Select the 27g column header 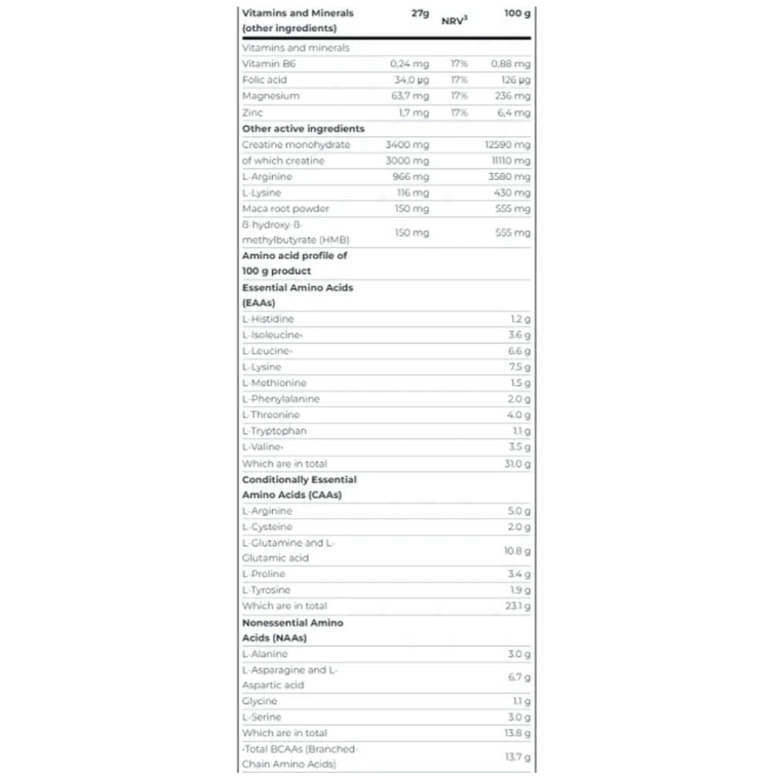tap(420, 13)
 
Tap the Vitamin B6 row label tap(269, 64)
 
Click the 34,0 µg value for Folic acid tap(411, 80)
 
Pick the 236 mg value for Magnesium tap(512, 97)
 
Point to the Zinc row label tap(253, 113)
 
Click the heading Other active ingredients tap(303, 129)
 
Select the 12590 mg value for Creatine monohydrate tap(506, 145)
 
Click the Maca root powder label tap(285, 209)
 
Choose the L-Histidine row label tap(268, 318)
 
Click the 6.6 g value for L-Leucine tap(519, 351)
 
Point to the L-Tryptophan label tap(274, 431)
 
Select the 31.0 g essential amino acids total tap(517, 464)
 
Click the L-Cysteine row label tap(267, 527)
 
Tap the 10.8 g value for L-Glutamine tap(517, 550)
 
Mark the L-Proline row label tap(264, 574)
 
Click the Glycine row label tap(260, 701)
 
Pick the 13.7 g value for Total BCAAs tap(517, 756)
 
